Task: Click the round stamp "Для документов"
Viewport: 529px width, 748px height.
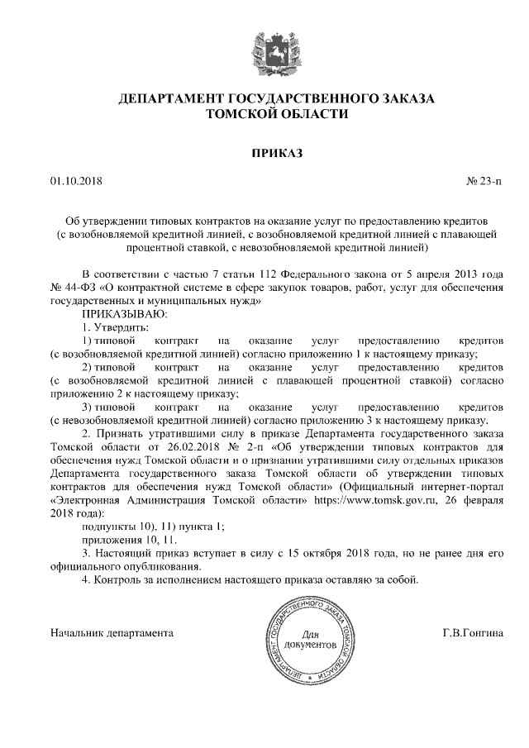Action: [x=308, y=639]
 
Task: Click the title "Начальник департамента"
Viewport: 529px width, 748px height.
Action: [x=112, y=633]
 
